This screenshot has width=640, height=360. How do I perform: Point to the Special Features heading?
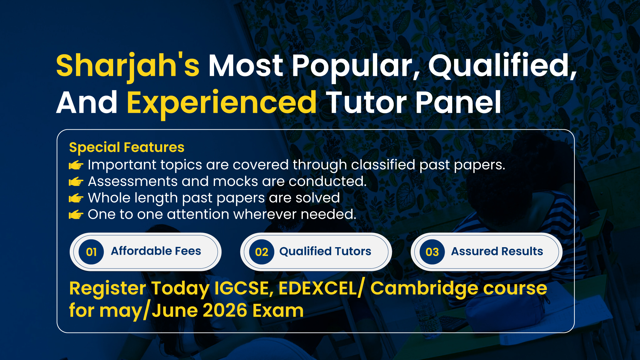127,147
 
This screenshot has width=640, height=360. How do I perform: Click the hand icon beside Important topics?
76,165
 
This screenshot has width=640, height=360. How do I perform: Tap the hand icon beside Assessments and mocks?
76,182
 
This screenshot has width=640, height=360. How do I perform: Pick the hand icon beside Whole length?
76,198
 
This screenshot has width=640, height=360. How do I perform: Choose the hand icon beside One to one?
76,215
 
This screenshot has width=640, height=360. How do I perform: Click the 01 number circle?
91,252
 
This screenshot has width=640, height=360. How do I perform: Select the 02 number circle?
262,252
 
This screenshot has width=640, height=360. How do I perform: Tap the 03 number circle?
432,252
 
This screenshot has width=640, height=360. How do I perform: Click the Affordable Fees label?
156,251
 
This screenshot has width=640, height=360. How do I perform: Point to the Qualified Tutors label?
325,251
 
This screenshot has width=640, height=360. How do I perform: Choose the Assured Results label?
497,251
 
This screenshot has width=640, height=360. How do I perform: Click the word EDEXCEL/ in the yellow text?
321,288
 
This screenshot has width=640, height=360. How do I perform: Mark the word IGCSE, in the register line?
244,288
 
